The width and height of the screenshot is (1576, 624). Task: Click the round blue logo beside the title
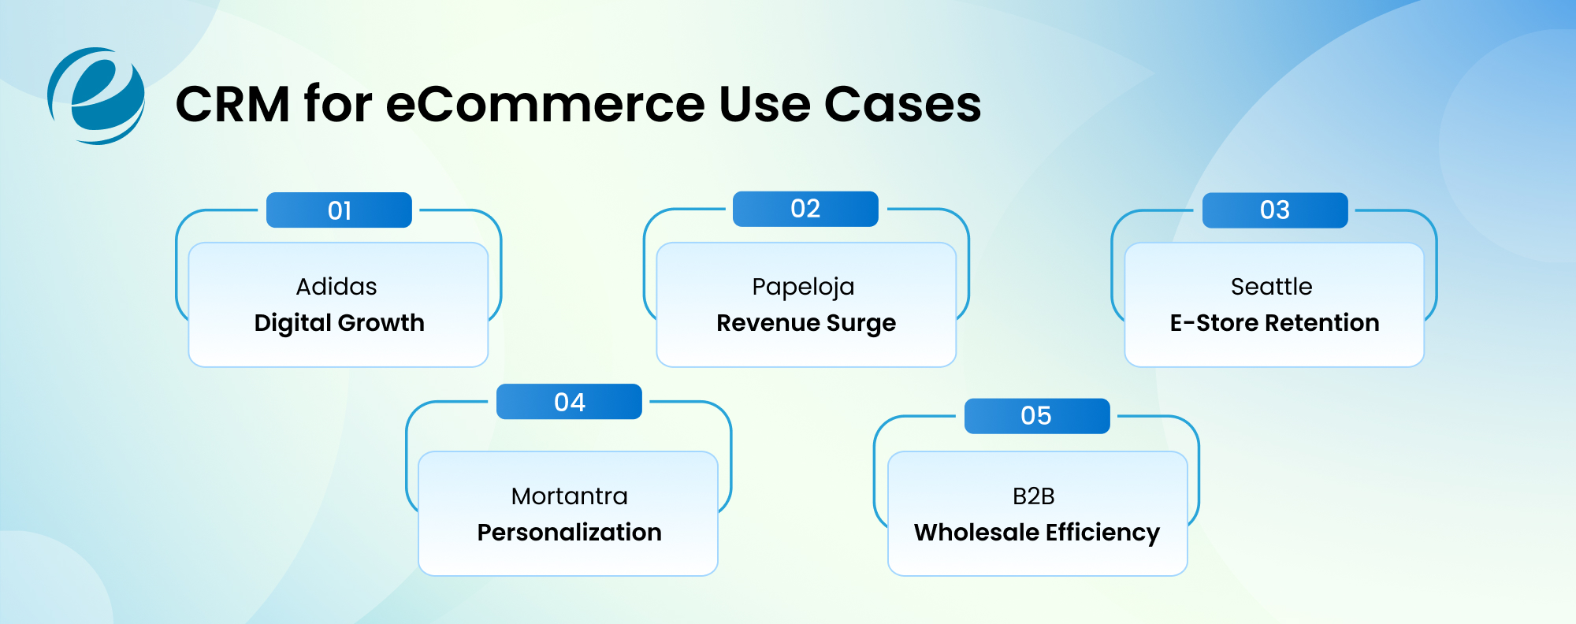[96, 96]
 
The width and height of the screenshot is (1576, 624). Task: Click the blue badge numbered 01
[339, 210]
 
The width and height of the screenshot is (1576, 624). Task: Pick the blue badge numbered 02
[805, 209]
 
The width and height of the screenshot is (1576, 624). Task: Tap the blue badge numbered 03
[1274, 210]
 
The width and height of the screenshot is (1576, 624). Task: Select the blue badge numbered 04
[569, 402]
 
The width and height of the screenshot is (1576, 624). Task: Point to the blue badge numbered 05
[1036, 416]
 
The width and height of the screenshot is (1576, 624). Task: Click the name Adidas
[336, 286]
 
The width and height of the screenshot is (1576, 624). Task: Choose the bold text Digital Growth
[339, 323]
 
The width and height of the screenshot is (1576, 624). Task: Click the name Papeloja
[803, 287]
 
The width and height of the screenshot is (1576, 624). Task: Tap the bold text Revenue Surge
[805, 323]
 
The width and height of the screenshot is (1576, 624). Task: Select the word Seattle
[1271, 286]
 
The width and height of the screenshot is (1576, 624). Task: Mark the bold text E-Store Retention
[1274, 323]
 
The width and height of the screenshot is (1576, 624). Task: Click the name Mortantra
[569, 496]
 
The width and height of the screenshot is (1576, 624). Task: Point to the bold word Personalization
[569, 533]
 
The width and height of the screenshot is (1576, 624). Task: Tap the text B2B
[1033, 496]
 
